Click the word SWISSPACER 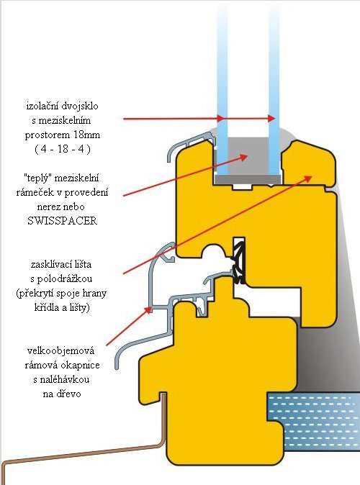click(x=62, y=221)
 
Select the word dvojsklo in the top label click(x=79, y=106)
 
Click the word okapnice click(x=80, y=366)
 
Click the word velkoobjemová click(x=60, y=350)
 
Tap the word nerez click(x=49, y=207)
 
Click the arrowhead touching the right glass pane click(x=271, y=118)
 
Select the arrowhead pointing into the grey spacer click(x=243, y=158)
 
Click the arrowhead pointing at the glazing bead click(x=307, y=178)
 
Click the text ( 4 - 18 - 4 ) click(x=62, y=149)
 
